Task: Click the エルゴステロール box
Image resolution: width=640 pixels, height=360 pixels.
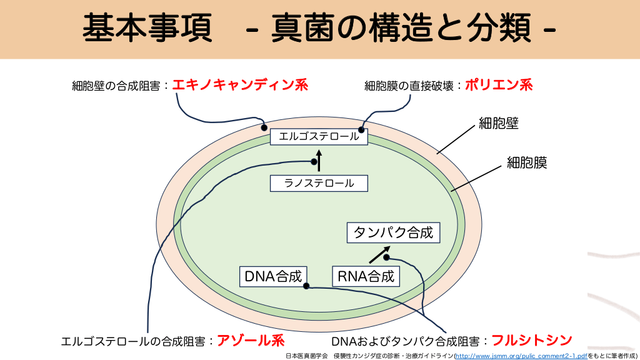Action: coord(319,136)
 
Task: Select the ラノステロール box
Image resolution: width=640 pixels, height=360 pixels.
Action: coord(319,183)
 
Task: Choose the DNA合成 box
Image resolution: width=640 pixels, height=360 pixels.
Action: coord(273,276)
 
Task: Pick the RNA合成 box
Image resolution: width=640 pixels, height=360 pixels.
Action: coord(366,276)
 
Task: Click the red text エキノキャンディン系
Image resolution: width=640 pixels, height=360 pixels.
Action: coord(240,85)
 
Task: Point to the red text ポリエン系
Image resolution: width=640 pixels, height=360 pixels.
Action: coord(499,85)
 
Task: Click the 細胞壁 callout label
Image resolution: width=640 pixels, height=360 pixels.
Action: coord(499,123)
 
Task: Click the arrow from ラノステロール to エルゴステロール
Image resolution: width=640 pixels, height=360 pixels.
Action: coord(319,160)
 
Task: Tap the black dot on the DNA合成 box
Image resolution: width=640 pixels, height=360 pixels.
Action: coord(306,286)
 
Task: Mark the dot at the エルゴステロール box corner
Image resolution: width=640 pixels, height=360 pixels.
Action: coord(361,129)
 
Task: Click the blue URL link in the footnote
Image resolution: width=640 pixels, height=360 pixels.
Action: coord(521,355)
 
